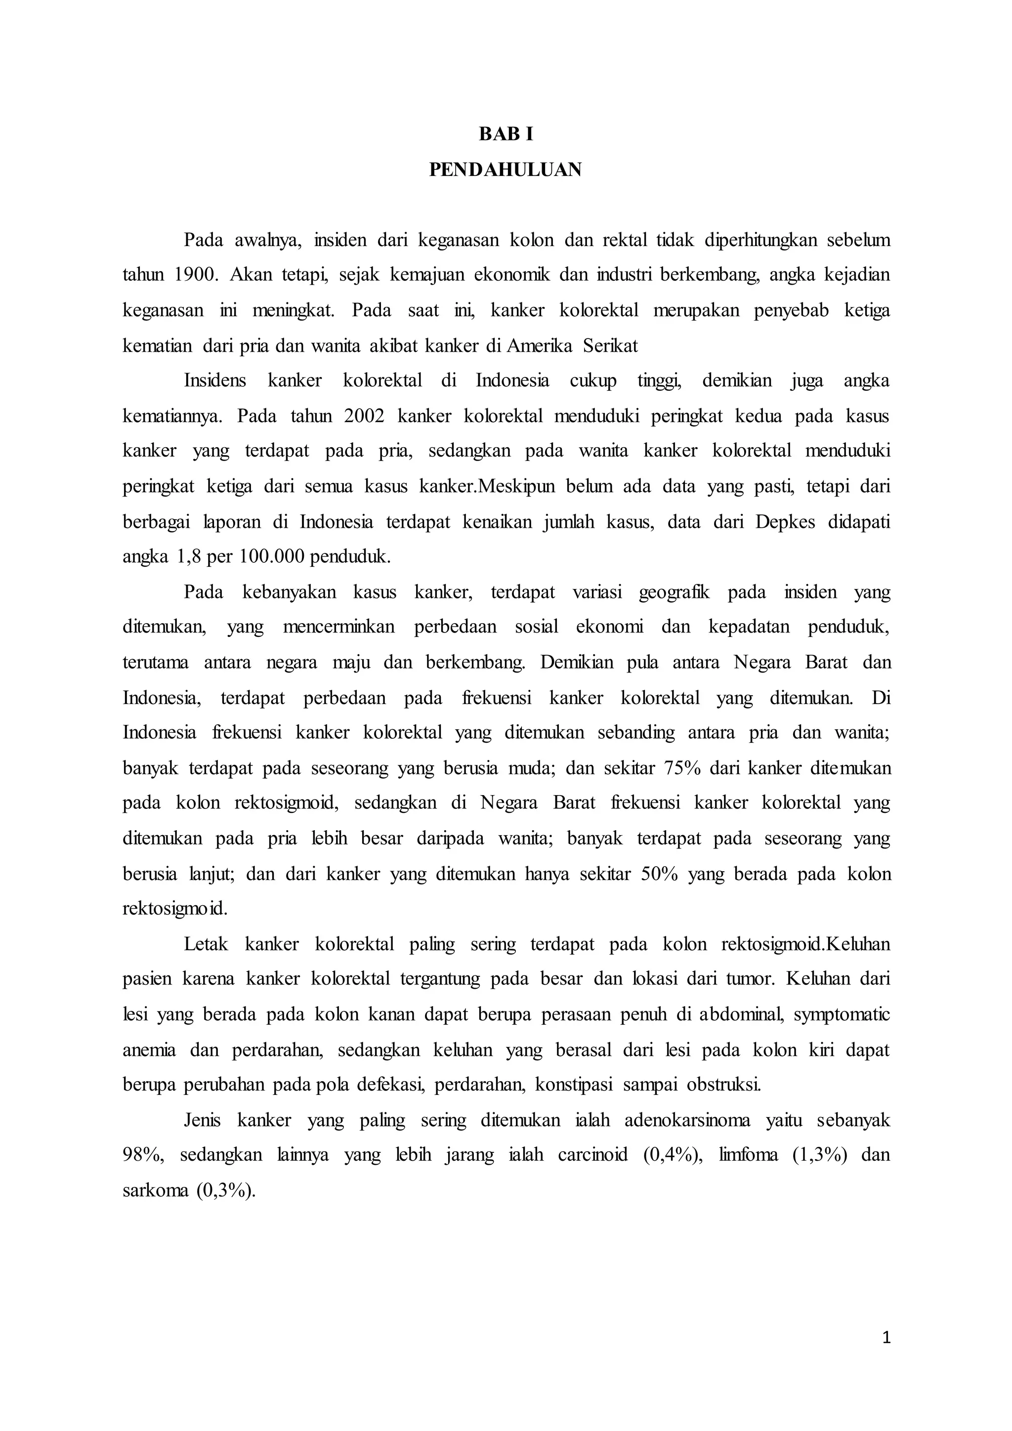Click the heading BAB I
[x=506, y=134]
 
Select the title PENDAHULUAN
[x=506, y=169]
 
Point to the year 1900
[x=193, y=275]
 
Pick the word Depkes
[x=785, y=522]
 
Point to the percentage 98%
[x=143, y=1155]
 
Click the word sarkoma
[x=155, y=1190]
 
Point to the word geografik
[x=674, y=592]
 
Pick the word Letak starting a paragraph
[x=206, y=944]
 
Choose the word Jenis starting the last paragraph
[x=202, y=1120]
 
